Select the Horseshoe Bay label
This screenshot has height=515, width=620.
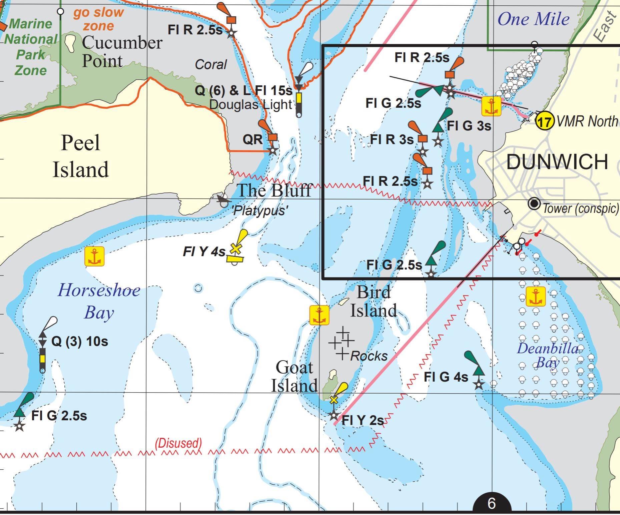point(99,301)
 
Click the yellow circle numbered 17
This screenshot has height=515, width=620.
point(544,121)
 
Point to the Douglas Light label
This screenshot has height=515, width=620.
point(250,105)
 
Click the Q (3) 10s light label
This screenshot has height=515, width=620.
point(80,342)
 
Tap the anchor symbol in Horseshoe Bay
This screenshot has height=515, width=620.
point(94,256)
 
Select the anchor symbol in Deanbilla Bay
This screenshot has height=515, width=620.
point(535,296)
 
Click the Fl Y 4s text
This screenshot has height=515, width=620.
point(204,251)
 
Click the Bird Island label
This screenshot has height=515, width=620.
point(374,301)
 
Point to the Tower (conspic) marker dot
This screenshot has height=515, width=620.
point(534,203)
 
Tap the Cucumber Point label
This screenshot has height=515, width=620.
point(122,52)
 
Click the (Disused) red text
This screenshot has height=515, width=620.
point(178,443)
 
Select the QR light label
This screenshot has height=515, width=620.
point(252,139)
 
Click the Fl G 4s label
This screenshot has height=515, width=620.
point(446,377)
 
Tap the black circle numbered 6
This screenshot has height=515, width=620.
point(492,503)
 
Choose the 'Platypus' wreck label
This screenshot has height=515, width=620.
point(259,210)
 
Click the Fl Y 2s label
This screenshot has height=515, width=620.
point(363,420)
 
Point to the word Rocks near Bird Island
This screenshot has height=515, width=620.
point(369,356)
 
